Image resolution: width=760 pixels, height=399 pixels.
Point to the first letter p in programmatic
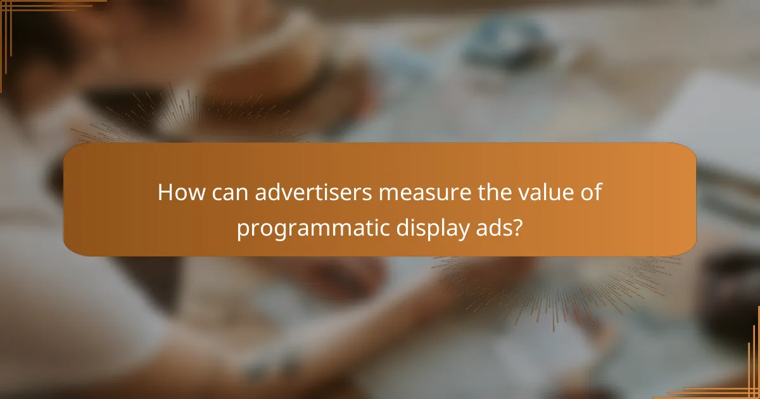click(x=243, y=229)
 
